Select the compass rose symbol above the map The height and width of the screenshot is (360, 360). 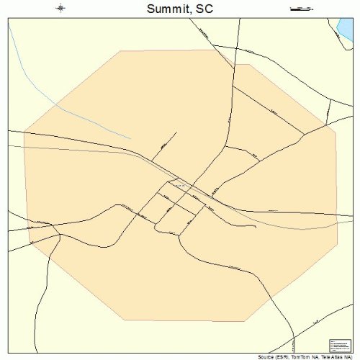pos(60,9)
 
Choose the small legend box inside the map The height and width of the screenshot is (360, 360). pos(338,346)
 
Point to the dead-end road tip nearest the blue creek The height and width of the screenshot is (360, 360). pos(176,132)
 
